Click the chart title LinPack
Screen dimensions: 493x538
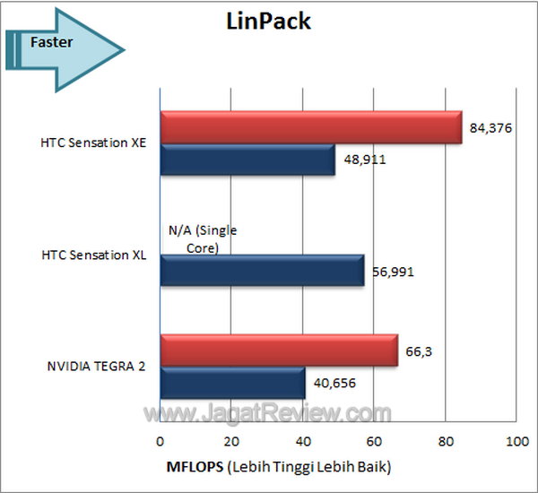click(268, 21)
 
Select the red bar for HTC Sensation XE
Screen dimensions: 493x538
click(310, 127)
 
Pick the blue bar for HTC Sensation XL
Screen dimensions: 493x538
click(262, 270)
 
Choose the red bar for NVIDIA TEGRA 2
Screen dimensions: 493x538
click(278, 350)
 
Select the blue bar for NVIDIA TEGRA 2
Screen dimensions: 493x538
click(232, 383)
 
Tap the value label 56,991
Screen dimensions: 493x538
click(392, 272)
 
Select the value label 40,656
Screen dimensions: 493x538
click(333, 385)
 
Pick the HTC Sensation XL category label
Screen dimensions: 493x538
click(93, 255)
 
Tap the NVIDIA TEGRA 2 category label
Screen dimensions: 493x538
click(98, 367)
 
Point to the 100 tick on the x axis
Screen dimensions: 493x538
click(516, 441)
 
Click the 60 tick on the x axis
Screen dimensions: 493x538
click(374, 441)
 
